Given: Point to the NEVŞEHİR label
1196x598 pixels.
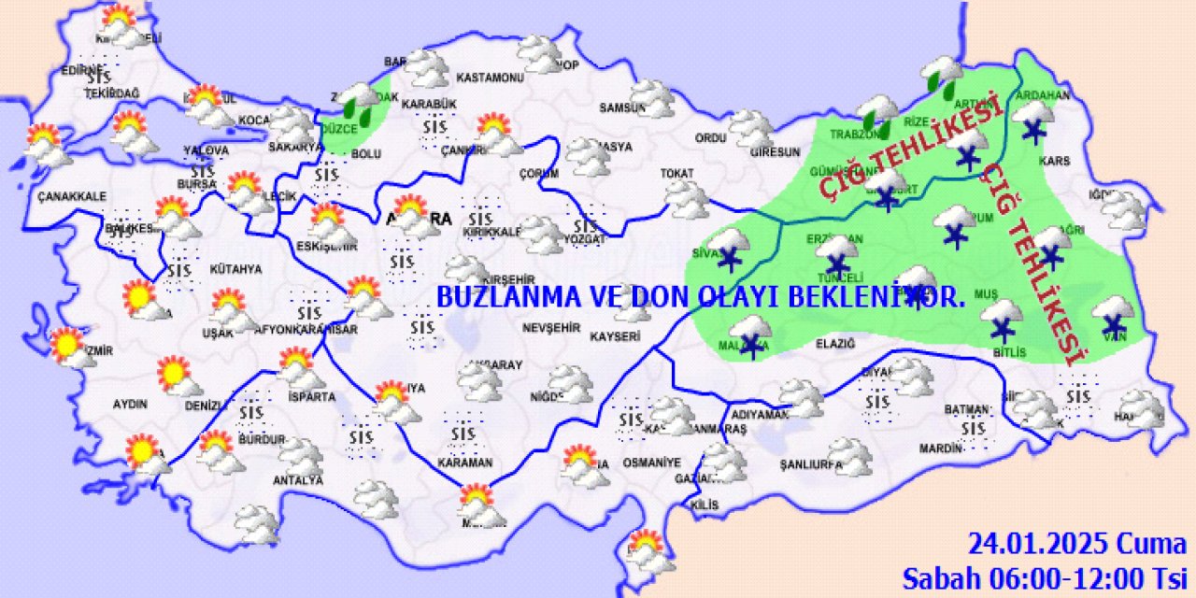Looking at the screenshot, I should [550, 329].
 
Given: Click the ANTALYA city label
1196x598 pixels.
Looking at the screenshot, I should [298, 480].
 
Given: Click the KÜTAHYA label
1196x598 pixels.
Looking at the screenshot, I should [235, 269].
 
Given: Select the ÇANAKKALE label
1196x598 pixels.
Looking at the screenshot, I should [72, 196].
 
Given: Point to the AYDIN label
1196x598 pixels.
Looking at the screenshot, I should [130, 405].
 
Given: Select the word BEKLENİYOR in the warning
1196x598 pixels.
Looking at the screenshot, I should [894, 297].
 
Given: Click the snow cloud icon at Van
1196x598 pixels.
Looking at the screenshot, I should [1112, 315].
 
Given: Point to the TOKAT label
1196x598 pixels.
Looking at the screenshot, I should [676, 174].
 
